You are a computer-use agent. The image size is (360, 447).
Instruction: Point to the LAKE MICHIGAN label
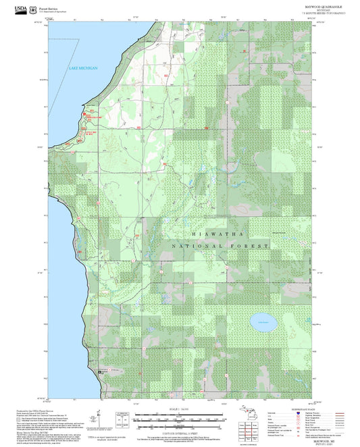pyautogui.click(x=84, y=68)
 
